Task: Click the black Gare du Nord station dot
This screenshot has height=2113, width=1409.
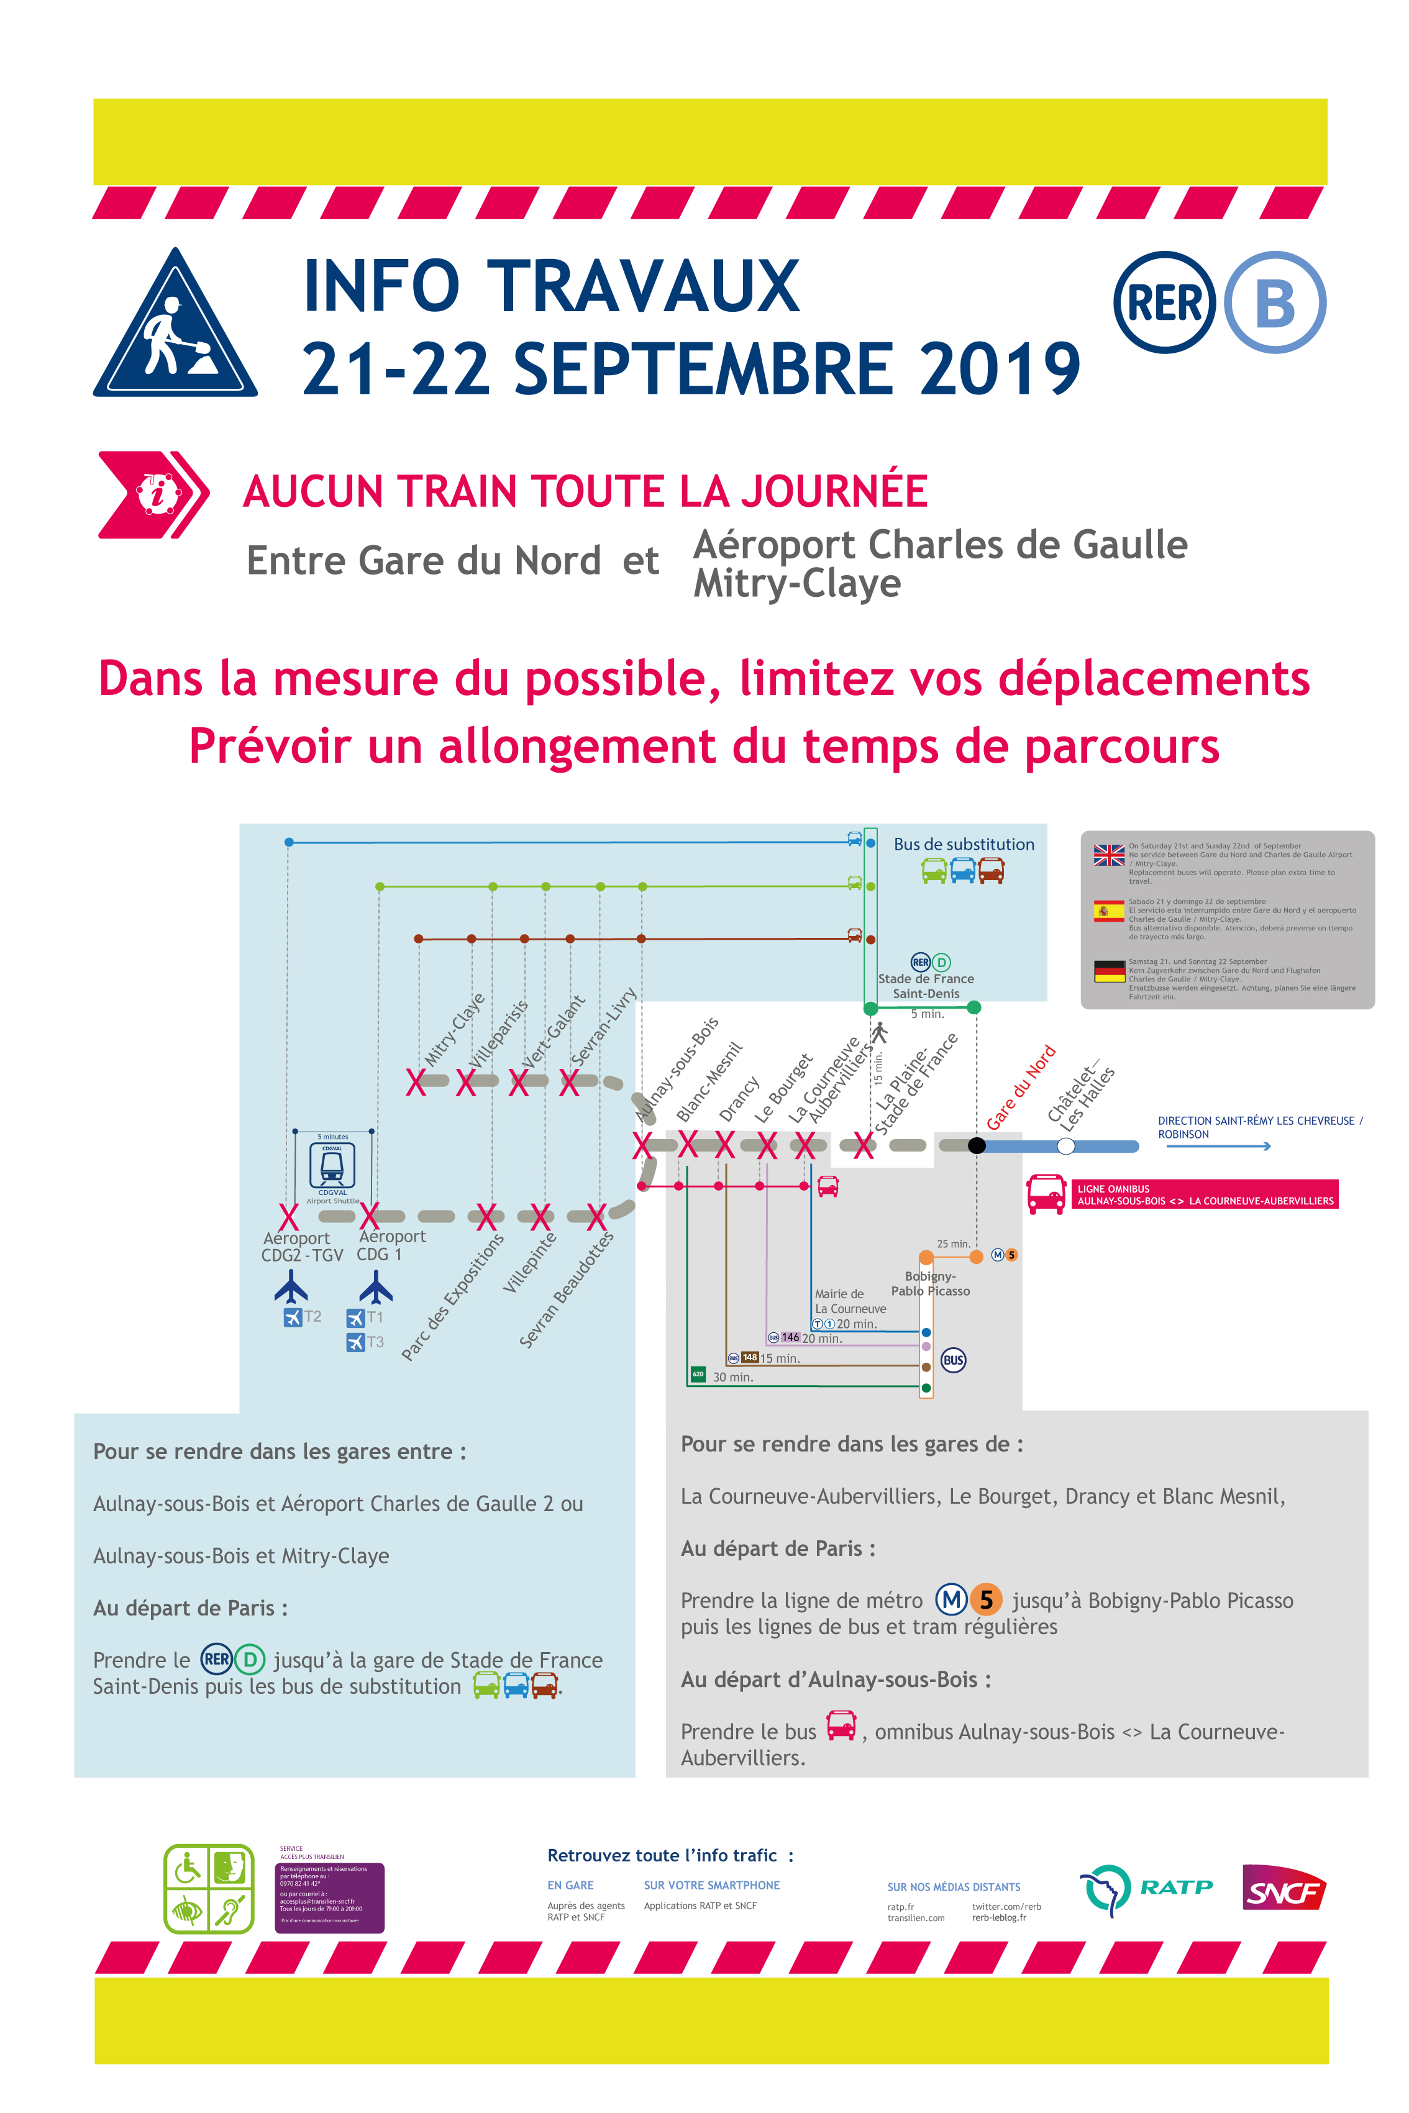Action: [977, 1145]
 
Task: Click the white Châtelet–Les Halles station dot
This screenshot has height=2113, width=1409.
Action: [1065, 1145]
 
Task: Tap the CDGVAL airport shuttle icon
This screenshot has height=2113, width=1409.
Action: [332, 1165]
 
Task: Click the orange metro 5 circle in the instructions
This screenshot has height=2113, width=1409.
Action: [986, 1599]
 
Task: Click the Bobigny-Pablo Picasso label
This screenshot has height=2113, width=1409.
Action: [930, 1283]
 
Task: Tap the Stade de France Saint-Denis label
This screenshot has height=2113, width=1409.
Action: [926, 986]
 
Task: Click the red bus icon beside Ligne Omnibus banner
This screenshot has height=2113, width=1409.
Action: [1046, 1194]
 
